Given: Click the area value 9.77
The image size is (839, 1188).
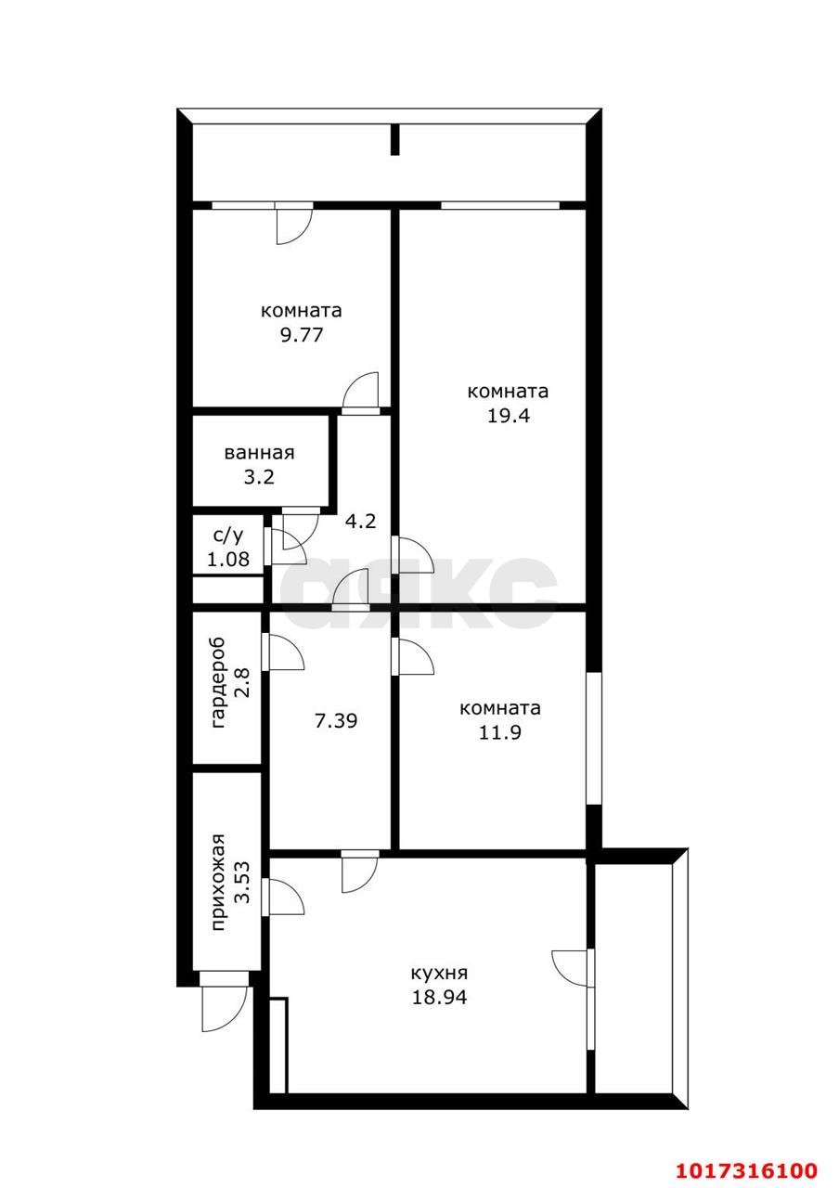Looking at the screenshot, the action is [x=302, y=335].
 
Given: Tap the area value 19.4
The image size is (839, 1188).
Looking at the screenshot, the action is [x=508, y=416].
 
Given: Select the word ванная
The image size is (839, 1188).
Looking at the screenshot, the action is [x=259, y=454].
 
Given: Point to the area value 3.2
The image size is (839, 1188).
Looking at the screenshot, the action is [x=259, y=477].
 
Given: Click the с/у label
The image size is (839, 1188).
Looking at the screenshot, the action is [x=228, y=536].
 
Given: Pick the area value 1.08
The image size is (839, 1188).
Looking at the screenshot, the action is [x=228, y=559].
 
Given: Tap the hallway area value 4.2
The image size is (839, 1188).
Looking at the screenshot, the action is [x=361, y=522].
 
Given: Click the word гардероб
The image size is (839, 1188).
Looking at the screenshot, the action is [x=218, y=682].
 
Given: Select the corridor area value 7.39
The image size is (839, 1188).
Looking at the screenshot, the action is [x=336, y=721].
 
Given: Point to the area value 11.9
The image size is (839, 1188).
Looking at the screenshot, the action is [x=499, y=732].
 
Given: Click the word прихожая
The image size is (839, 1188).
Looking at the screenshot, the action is [x=218, y=883].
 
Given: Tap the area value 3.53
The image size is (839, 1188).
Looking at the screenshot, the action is [x=242, y=883].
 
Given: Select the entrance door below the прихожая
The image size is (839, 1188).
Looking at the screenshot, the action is [x=225, y=1001].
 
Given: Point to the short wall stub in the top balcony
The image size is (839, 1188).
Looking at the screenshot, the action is [x=394, y=139].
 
